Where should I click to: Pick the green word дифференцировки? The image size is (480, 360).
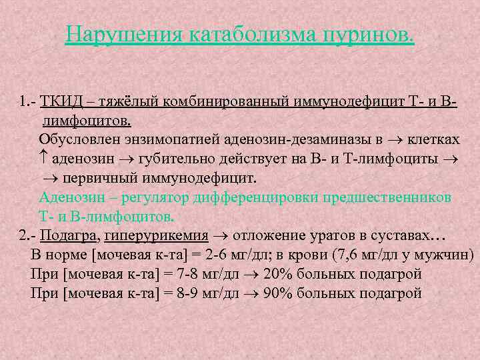[256, 197]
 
